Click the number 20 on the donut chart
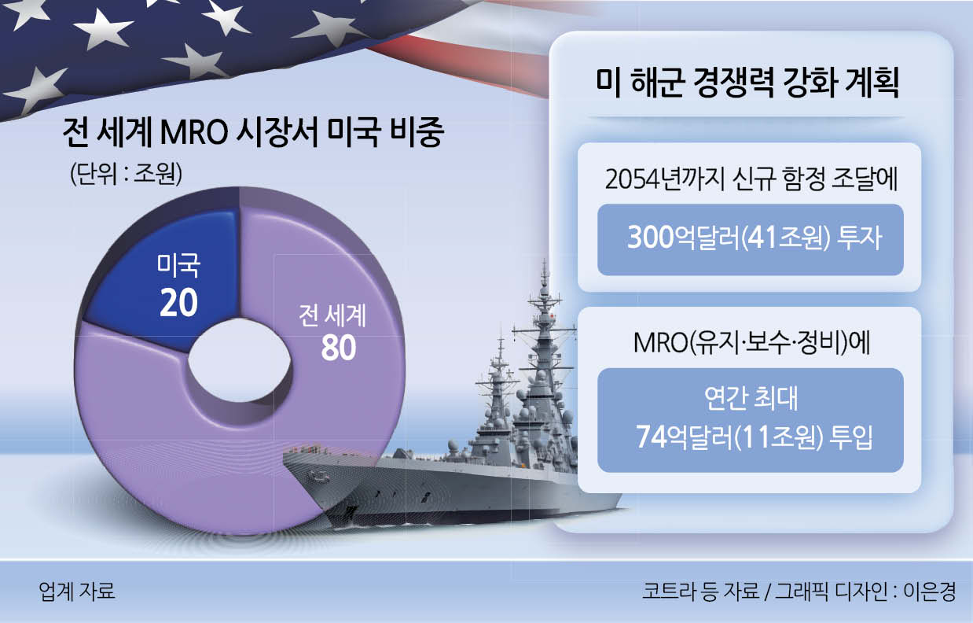coord(178,303)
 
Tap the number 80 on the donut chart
coord(339,348)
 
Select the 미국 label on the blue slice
coord(178,265)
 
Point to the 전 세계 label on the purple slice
coord(332,315)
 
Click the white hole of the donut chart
coord(239,360)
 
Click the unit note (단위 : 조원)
coord(126,174)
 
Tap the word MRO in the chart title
coord(195,132)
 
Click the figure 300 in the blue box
coord(650,237)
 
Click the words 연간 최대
coord(751,398)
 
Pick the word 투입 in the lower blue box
coord(851,437)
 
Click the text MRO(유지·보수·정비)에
coord(751,343)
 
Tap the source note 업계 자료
coord(77,591)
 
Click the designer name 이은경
coord(930,592)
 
